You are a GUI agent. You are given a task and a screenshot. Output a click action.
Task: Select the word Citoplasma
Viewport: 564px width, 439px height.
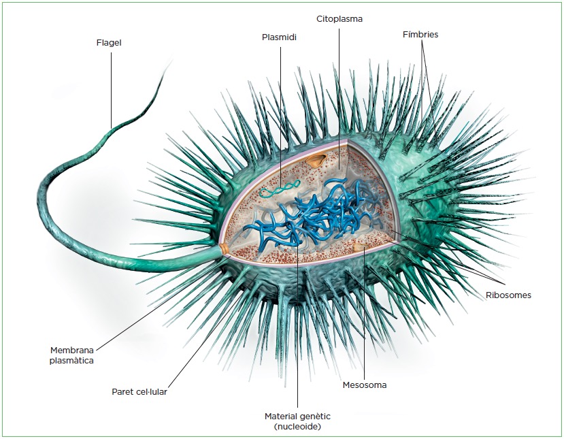339,19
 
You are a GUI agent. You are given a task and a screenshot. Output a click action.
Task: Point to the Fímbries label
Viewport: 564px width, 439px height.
420,33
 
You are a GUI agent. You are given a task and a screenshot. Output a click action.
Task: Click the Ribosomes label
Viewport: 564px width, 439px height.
508,295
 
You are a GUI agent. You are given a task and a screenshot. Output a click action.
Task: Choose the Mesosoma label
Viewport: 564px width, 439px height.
365,385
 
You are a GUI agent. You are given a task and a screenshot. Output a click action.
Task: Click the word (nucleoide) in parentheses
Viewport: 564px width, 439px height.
298,427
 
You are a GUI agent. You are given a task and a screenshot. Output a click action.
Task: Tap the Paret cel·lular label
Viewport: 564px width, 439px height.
139,392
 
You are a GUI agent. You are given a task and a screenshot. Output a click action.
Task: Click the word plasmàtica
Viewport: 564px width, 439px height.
71,361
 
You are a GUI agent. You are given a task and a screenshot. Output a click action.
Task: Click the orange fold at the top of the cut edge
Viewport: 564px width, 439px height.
316,161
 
